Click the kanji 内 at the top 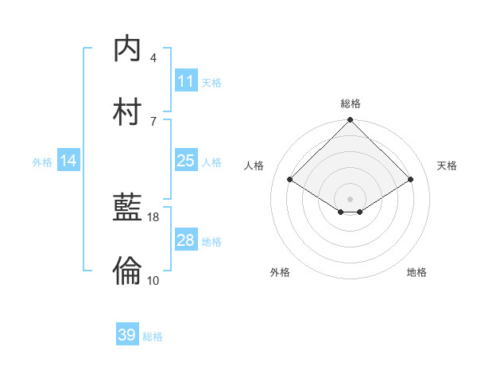[x=128, y=49]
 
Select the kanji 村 [x=128, y=111]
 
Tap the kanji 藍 [x=128, y=208]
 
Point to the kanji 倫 [x=128, y=271]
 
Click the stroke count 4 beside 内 [x=153, y=58]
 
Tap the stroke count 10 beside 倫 [x=153, y=279]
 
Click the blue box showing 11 [x=185, y=81]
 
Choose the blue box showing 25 [x=185, y=161]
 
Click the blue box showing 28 [x=185, y=240]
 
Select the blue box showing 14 [x=68, y=161]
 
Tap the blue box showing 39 [x=127, y=335]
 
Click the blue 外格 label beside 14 [x=42, y=162]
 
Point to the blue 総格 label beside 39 [x=153, y=337]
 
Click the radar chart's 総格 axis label [x=351, y=103]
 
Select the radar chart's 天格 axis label [x=448, y=166]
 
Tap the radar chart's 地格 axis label [x=417, y=272]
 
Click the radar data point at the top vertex [x=351, y=121]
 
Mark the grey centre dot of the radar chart [x=351, y=198]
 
